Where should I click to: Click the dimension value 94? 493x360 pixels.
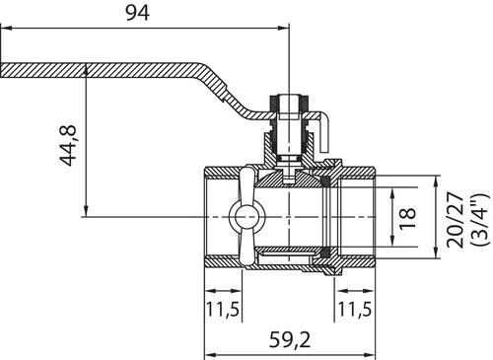(x=138, y=13)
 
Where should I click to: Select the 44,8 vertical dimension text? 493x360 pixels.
(x=68, y=145)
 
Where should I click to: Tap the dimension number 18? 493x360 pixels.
(x=408, y=218)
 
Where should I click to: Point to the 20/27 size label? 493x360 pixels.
(x=456, y=220)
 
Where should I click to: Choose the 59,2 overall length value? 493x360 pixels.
(x=290, y=339)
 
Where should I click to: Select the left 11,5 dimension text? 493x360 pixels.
(x=223, y=310)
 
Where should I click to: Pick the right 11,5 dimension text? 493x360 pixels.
(x=355, y=310)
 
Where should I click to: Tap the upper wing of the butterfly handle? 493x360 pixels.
(x=246, y=184)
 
